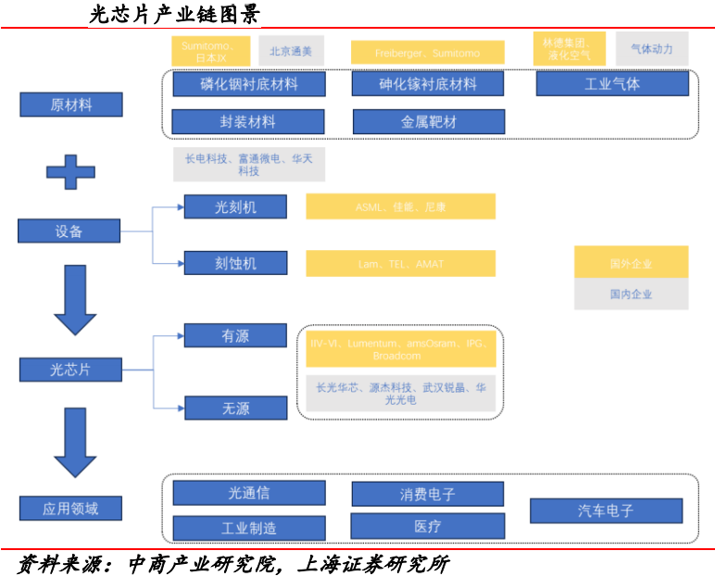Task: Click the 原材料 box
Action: coord(71,105)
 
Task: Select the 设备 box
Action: coord(69,231)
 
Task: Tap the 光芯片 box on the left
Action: coord(70,369)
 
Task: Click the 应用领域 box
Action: coord(70,507)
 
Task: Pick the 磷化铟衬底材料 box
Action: coord(248,84)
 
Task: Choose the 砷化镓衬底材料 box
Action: coord(428,84)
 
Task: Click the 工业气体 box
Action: coord(612,84)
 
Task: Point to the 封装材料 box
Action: coord(248,121)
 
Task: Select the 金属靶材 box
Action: coord(428,121)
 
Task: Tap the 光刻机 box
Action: coord(234,207)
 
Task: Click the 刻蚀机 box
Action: coord(234,263)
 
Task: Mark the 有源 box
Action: coord(234,335)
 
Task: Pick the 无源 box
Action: coord(234,407)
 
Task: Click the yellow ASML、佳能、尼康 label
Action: coord(400,207)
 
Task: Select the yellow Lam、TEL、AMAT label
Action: coord(400,264)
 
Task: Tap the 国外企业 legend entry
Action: coord(631,263)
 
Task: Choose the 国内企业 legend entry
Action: coord(631,294)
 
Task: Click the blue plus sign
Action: coord(71,170)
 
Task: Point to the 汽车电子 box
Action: coord(606,510)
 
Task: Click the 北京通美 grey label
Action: coord(291,51)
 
